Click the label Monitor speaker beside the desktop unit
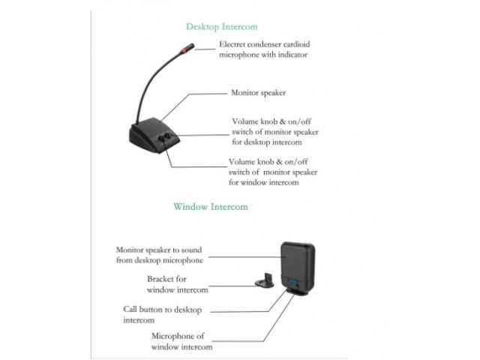pyautogui.click(x=259, y=93)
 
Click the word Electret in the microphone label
pyautogui.click(x=235, y=44)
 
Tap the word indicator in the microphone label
pyautogui.click(x=291, y=55)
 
